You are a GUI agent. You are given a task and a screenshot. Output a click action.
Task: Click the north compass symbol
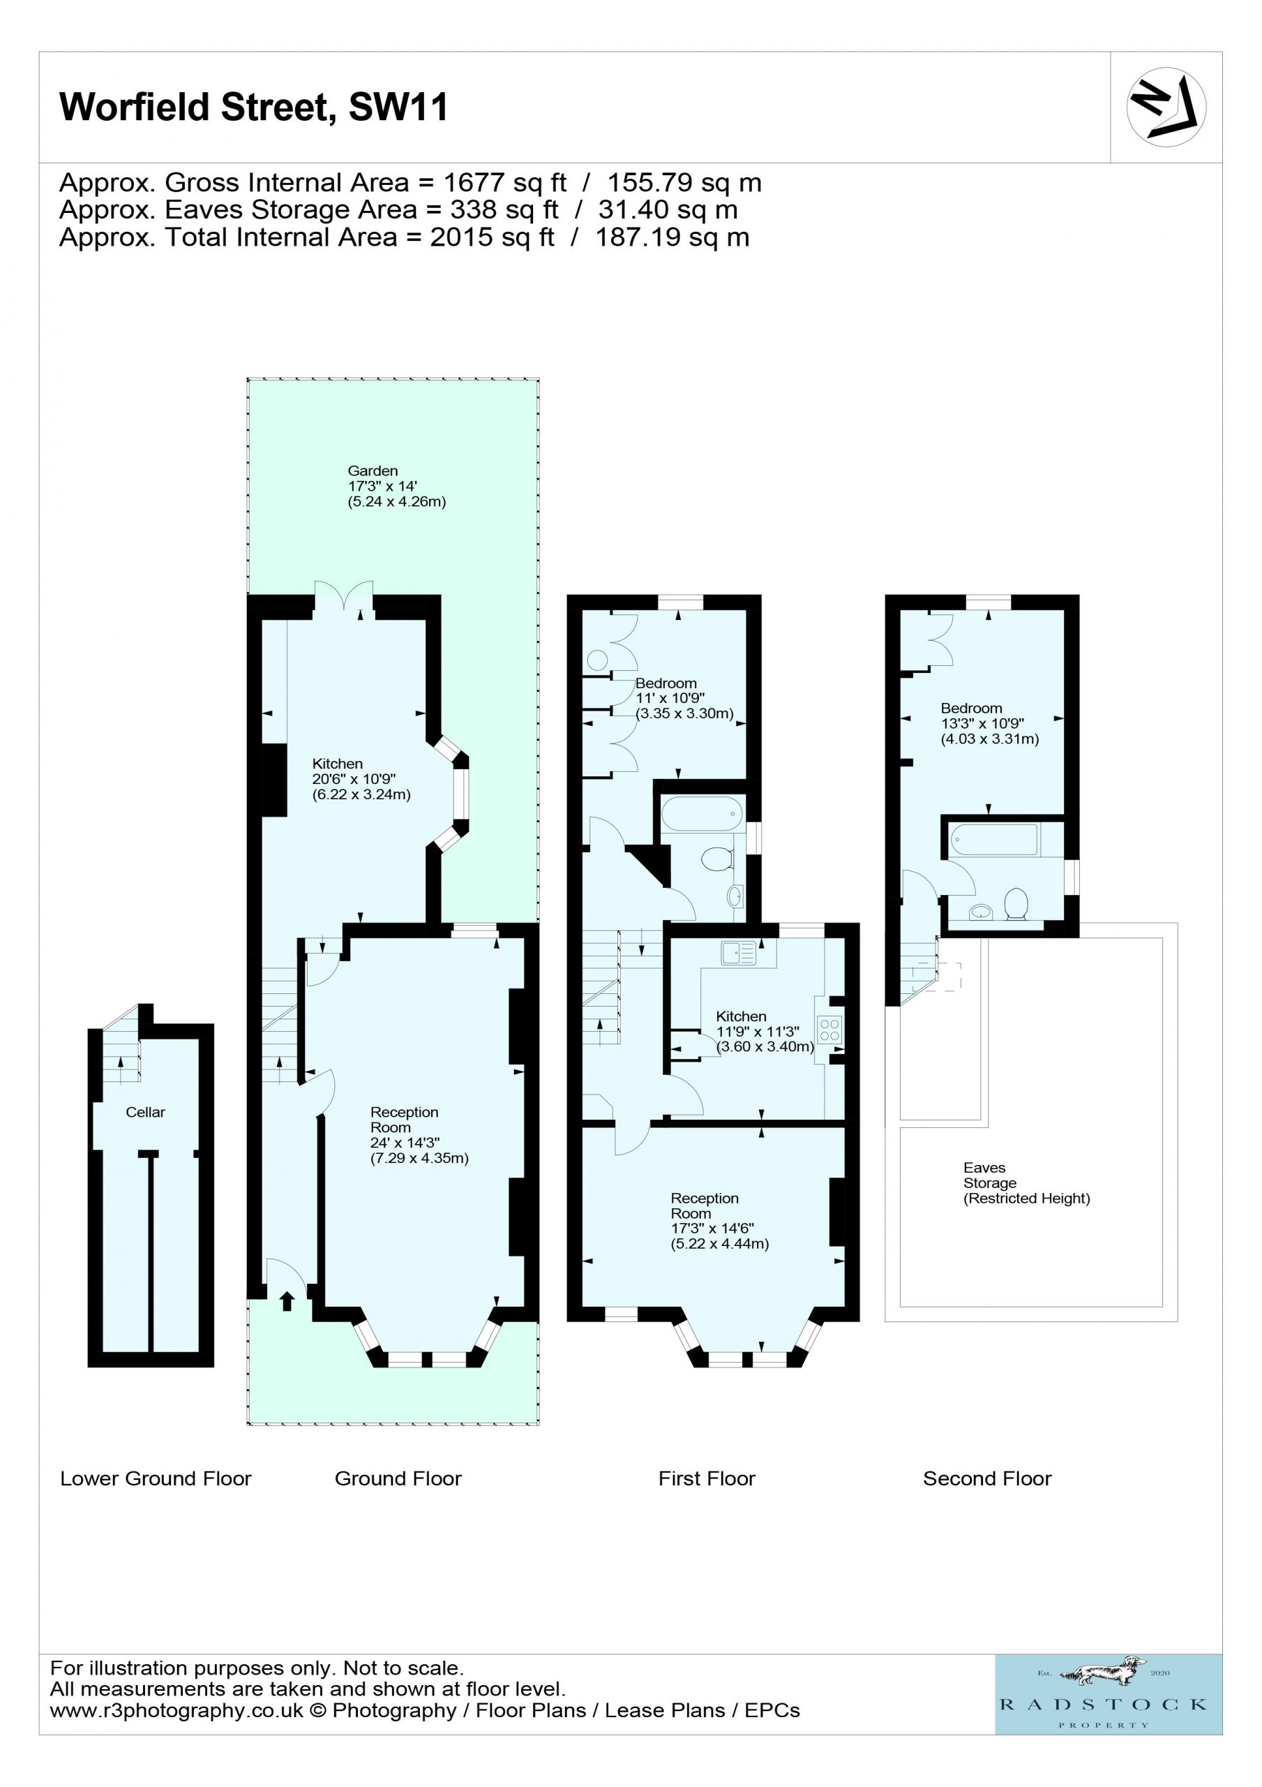tap(1166, 107)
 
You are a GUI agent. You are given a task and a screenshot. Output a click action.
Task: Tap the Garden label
tap(372, 471)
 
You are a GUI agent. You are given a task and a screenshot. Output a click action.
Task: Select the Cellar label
tap(146, 1112)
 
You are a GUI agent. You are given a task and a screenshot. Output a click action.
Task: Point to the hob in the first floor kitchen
tap(829, 1030)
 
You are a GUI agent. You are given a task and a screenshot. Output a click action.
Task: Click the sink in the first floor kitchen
tap(737, 953)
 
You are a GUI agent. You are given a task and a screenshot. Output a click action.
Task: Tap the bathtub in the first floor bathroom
tap(702, 814)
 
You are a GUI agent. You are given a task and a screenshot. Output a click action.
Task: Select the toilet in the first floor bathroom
tap(717, 859)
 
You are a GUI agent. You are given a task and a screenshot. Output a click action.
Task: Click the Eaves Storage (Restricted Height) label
tap(1026, 1183)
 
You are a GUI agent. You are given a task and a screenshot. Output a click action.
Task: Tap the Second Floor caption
tap(986, 1478)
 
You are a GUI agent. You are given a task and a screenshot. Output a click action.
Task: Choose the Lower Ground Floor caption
tap(156, 1478)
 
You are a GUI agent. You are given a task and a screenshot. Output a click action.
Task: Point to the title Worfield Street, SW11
tap(254, 107)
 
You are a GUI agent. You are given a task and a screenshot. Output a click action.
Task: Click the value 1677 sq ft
tap(505, 182)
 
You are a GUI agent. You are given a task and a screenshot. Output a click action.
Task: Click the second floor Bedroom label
tap(971, 709)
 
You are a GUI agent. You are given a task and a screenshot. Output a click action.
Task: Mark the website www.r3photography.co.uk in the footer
tap(176, 1710)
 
